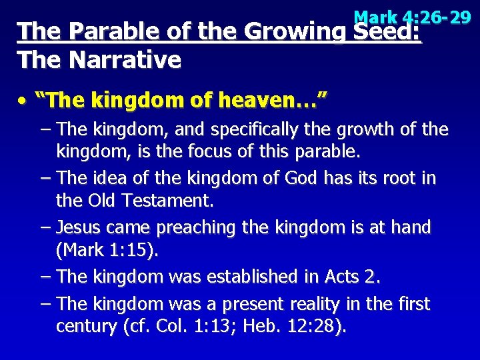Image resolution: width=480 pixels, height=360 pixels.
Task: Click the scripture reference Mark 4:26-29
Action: [x=413, y=17]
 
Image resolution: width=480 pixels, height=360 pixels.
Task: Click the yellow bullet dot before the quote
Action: [x=23, y=102]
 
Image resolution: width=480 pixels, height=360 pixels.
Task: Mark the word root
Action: [x=399, y=179]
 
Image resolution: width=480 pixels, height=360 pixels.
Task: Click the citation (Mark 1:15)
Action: [x=107, y=250]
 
